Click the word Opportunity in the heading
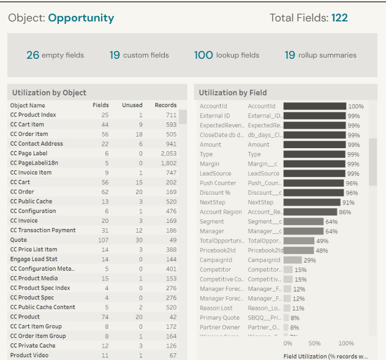click(x=81, y=18)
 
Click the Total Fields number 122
click(x=339, y=18)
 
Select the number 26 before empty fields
click(x=32, y=55)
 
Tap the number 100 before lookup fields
click(x=203, y=55)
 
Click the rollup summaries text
click(x=327, y=55)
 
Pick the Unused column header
click(x=132, y=105)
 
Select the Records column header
click(x=165, y=105)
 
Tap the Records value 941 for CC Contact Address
click(x=170, y=144)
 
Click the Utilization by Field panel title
click(x=233, y=92)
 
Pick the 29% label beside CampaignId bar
click(x=310, y=260)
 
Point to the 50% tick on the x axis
click(x=314, y=343)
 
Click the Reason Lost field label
click(x=217, y=308)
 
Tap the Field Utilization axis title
click(x=325, y=355)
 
